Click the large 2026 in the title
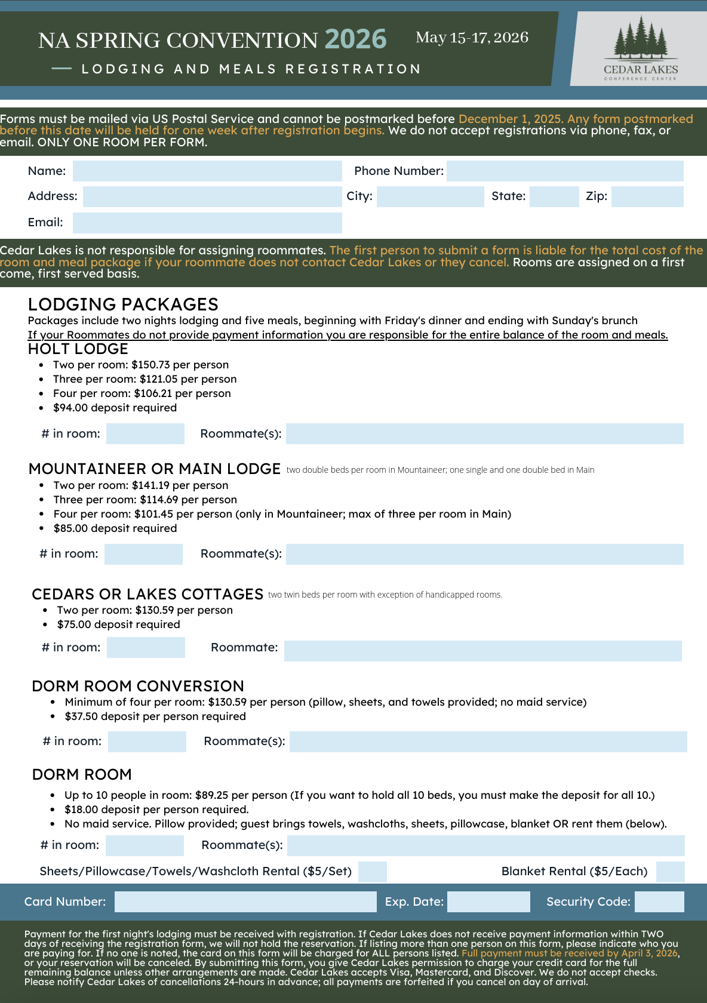click(x=355, y=39)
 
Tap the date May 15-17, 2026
click(x=472, y=38)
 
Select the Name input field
click(x=207, y=171)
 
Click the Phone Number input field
click(x=564, y=171)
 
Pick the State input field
click(x=554, y=196)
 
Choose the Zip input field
click(x=647, y=196)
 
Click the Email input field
click(x=207, y=223)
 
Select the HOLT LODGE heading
click(x=78, y=349)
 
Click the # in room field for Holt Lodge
click(x=145, y=434)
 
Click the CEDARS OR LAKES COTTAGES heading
click(x=147, y=594)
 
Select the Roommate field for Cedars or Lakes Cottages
click(x=482, y=651)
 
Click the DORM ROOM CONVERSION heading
click(x=138, y=686)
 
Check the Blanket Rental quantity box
click(x=670, y=872)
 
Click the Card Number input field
click(x=245, y=902)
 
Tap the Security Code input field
click(x=659, y=902)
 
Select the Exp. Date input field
click(x=488, y=902)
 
